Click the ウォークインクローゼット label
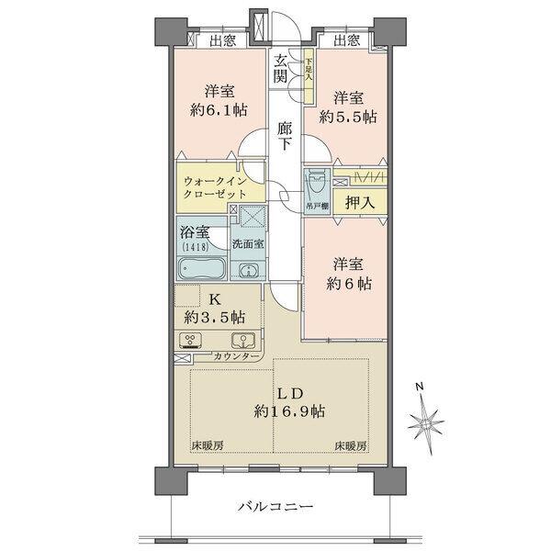(x=217, y=190)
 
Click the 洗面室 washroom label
(x=247, y=244)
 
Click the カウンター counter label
(x=237, y=355)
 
